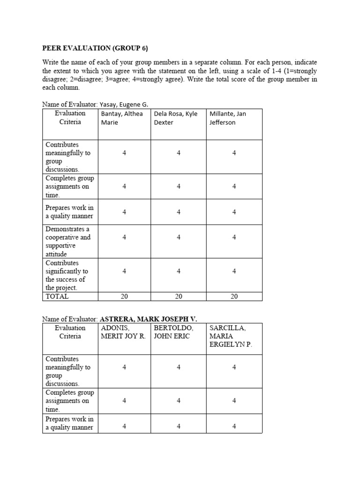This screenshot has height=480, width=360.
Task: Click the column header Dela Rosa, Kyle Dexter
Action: point(176,118)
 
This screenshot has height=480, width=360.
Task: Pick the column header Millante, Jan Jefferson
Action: point(228,118)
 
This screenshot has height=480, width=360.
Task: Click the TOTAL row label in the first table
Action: point(57,296)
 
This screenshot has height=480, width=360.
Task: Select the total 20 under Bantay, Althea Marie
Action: point(124,296)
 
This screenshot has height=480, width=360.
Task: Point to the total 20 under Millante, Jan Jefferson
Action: point(234,296)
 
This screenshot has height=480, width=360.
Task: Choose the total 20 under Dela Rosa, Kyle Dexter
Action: point(179,296)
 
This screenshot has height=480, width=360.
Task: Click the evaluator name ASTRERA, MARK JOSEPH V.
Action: point(149,319)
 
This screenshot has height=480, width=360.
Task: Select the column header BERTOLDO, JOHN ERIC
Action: point(173,332)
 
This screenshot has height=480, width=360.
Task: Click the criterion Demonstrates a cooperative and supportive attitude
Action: point(68,241)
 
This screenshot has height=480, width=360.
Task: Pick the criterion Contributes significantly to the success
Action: point(67,275)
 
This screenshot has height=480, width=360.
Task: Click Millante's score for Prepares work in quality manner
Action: point(234,212)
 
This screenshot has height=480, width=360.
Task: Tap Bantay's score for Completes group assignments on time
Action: point(124,186)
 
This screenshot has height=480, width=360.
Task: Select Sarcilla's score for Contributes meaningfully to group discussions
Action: point(234,367)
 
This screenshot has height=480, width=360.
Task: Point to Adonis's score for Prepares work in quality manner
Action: point(124,426)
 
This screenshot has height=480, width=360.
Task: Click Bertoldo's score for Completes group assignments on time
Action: point(179,400)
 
